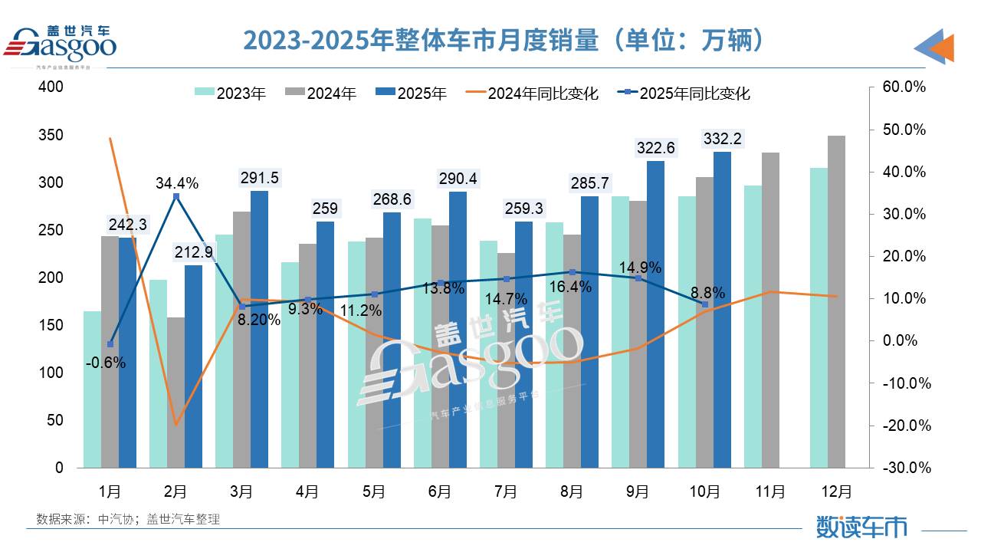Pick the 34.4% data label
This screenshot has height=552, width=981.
pyautogui.click(x=176, y=183)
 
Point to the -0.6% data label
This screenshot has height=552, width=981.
pyautogui.click(x=106, y=363)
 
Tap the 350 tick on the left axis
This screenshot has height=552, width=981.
pyautogui.click(x=51, y=136)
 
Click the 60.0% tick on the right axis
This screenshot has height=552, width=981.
pyautogui.click(x=905, y=87)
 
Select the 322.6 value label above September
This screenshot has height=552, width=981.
pyautogui.click(x=655, y=148)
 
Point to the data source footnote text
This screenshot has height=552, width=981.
pyautogui.click(x=128, y=519)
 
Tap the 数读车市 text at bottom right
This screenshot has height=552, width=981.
pyautogui.click(x=861, y=527)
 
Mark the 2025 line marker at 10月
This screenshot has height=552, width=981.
pyautogui.click(x=705, y=304)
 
